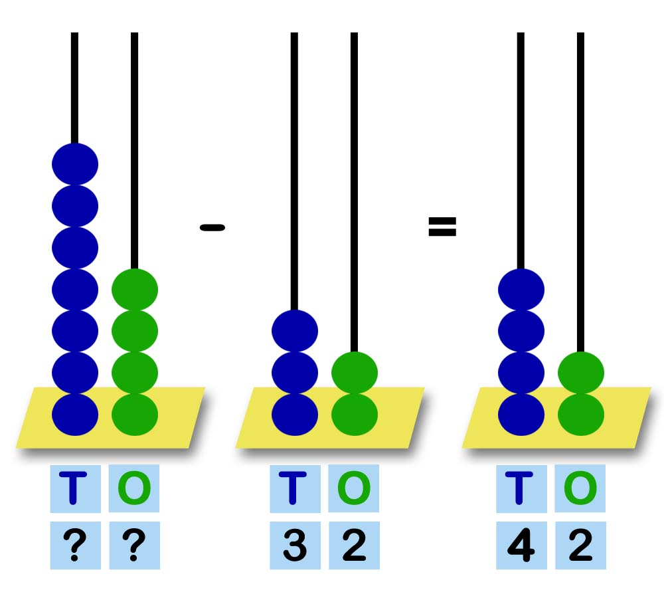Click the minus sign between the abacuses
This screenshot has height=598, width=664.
(212, 228)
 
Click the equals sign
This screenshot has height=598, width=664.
(442, 228)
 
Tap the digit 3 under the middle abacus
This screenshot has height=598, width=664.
(295, 546)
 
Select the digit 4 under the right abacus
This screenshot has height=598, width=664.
(521, 546)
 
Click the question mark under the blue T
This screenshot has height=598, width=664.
(75, 546)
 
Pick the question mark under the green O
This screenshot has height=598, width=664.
(134, 546)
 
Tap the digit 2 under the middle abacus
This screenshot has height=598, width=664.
(354, 546)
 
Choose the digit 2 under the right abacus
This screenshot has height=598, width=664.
(580, 546)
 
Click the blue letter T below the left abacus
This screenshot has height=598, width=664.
(75, 488)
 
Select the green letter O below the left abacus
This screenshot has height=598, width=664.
(134, 488)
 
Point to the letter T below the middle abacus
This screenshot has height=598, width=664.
(295, 488)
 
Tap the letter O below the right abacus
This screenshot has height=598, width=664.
(580, 488)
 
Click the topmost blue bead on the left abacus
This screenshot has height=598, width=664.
(75, 164)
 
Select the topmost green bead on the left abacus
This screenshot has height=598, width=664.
(135, 289)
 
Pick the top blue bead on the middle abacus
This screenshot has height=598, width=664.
(295, 331)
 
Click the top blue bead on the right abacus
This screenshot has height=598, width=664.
(521, 289)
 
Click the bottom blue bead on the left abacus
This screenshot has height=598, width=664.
(75, 414)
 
